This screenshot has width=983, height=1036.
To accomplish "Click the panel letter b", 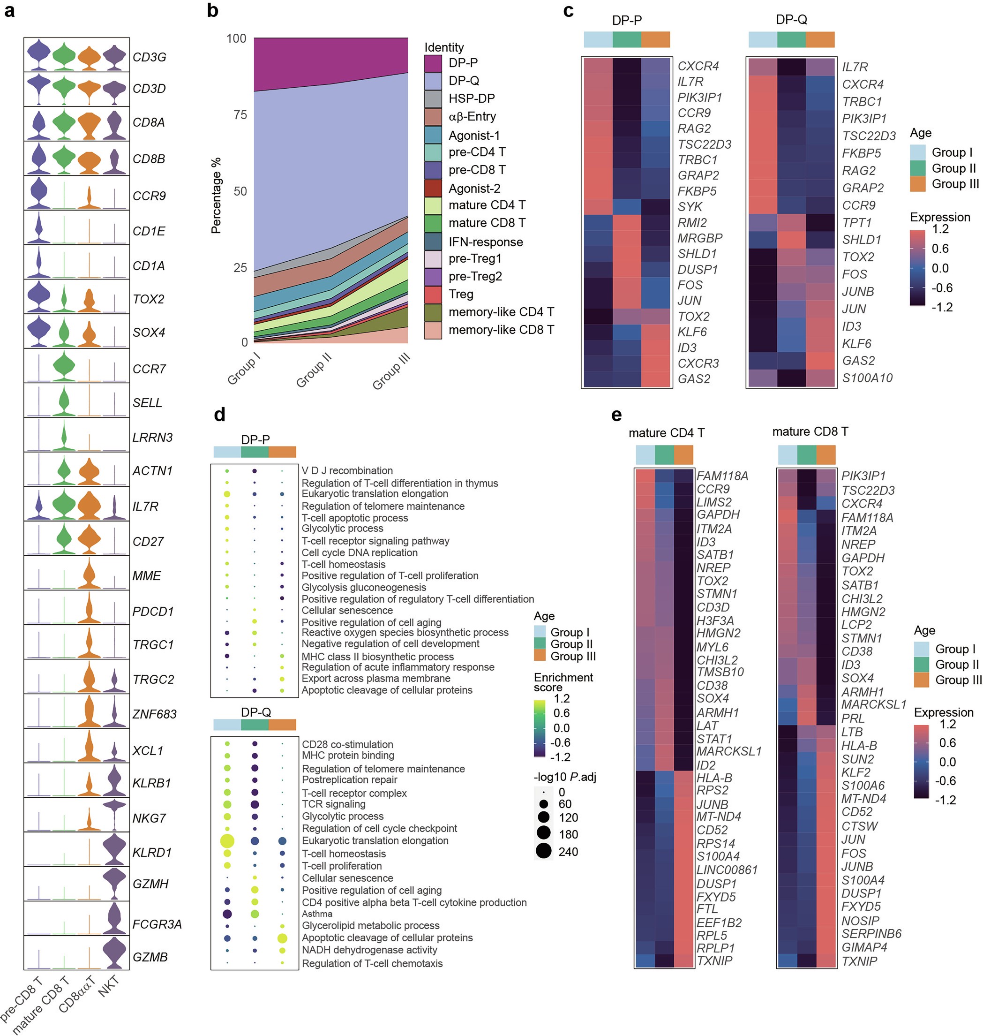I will pyautogui.click(x=212, y=10).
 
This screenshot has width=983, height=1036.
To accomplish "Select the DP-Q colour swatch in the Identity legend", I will pyautogui.click(x=433, y=81).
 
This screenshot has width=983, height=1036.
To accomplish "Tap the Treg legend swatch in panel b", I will pyautogui.click(x=433, y=294).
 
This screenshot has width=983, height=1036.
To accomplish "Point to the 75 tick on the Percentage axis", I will pyautogui.click(x=240, y=115).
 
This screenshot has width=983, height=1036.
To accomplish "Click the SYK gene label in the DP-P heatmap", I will pyautogui.click(x=690, y=206).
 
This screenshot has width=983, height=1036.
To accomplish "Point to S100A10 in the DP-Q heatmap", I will pyautogui.click(x=867, y=378).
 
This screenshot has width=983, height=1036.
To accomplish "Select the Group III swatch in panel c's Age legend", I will pyautogui.click(x=917, y=184).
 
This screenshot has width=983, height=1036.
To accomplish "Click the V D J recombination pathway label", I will pyautogui.click(x=347, y=471).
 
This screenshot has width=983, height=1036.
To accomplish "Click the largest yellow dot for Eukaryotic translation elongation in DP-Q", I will pyautogui.click(x=227, y=841).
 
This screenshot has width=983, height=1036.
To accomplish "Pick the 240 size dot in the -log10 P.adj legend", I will pyautogui.click(x=544, y=851).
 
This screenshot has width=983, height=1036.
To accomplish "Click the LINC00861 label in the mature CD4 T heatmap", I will pyautogui.click(x=727, y=870).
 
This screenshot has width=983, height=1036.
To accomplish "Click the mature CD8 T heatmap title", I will pyautogui.click(x=810, y=431).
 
